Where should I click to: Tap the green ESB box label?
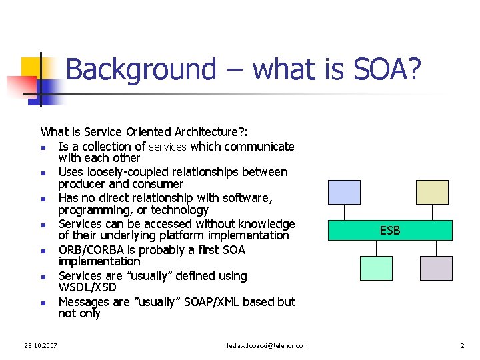tap(390, 231)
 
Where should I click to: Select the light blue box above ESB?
tap(344, 192)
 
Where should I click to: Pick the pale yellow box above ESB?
tap(433, 192)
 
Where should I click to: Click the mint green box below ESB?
tap(377, 268)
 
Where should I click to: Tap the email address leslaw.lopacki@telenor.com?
tap(267, 345)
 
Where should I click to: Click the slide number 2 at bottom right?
tap(461, 345)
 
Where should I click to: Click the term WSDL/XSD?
tap(87, 287)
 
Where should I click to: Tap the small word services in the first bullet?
tap(167, 147)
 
